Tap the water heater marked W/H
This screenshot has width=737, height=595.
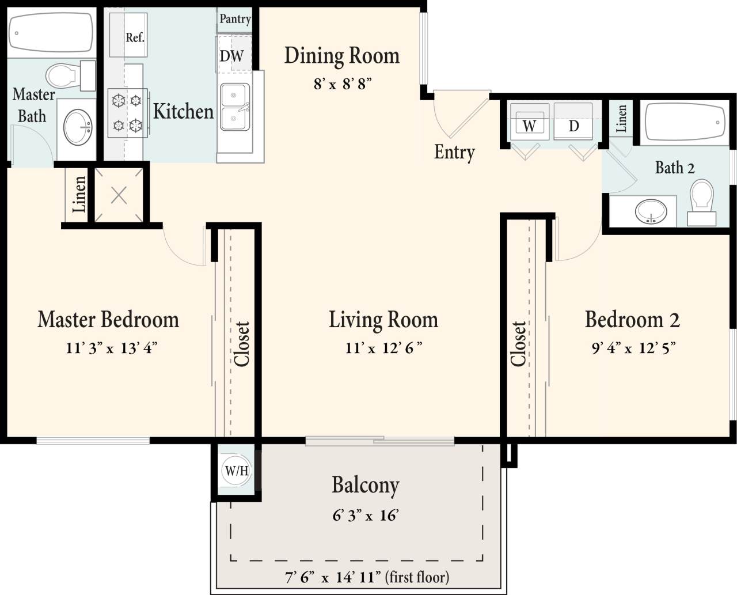236,471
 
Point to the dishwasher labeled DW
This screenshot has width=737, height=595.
233,56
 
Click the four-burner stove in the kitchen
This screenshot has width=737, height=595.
127,113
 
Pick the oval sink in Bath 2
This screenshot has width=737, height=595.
651,212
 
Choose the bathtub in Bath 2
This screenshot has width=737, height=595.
684,122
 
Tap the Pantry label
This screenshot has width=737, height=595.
235,19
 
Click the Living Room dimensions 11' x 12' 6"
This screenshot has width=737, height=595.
383,348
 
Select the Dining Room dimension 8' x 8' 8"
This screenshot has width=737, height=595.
342,84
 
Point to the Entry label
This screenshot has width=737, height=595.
454,152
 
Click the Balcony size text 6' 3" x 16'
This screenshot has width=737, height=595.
366,516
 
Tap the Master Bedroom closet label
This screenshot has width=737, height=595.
242,344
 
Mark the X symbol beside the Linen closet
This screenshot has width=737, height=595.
119,196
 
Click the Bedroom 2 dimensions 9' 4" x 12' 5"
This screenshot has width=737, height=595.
633,348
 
